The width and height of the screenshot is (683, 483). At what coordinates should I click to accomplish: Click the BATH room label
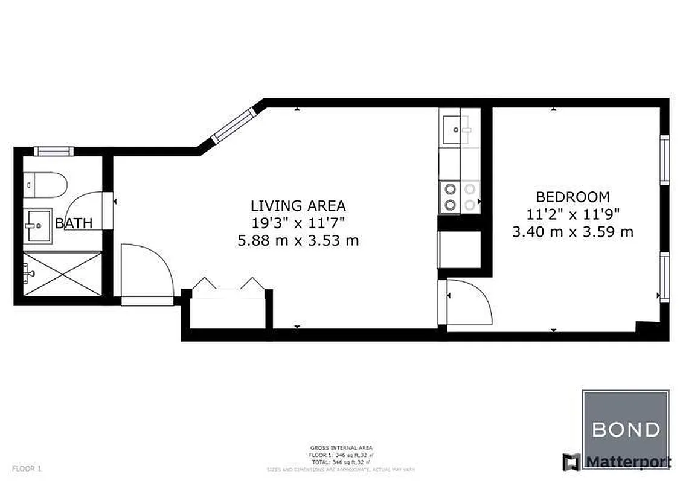[x=74, y=223]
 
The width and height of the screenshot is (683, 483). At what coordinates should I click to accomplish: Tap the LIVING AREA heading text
[x=298, y=205]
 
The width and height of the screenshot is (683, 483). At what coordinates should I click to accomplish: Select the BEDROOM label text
[x=572, y=197]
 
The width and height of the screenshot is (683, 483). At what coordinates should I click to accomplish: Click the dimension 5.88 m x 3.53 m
[x=298, y=241]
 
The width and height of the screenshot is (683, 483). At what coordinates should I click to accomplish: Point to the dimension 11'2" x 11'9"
[x=572, y=214]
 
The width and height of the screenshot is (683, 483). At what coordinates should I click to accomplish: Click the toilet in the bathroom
[x=45, y=185]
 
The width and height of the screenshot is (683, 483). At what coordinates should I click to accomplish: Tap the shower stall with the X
[x=62, y=273]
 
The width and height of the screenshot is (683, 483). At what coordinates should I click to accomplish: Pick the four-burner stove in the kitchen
[x=459, y=197]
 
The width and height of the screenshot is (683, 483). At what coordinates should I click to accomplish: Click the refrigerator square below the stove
[x=459, y=249]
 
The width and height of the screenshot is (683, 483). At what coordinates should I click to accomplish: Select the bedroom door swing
[x=470, y=304]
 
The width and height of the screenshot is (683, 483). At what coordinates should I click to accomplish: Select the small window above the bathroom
[x=53, y=151]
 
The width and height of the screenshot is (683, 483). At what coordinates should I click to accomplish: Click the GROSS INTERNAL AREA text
[x=341, y=447]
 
